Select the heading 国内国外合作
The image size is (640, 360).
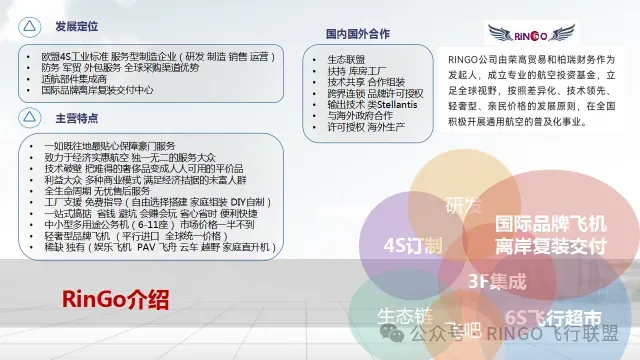click(369, 33)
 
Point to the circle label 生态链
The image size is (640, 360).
click(404, 315)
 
